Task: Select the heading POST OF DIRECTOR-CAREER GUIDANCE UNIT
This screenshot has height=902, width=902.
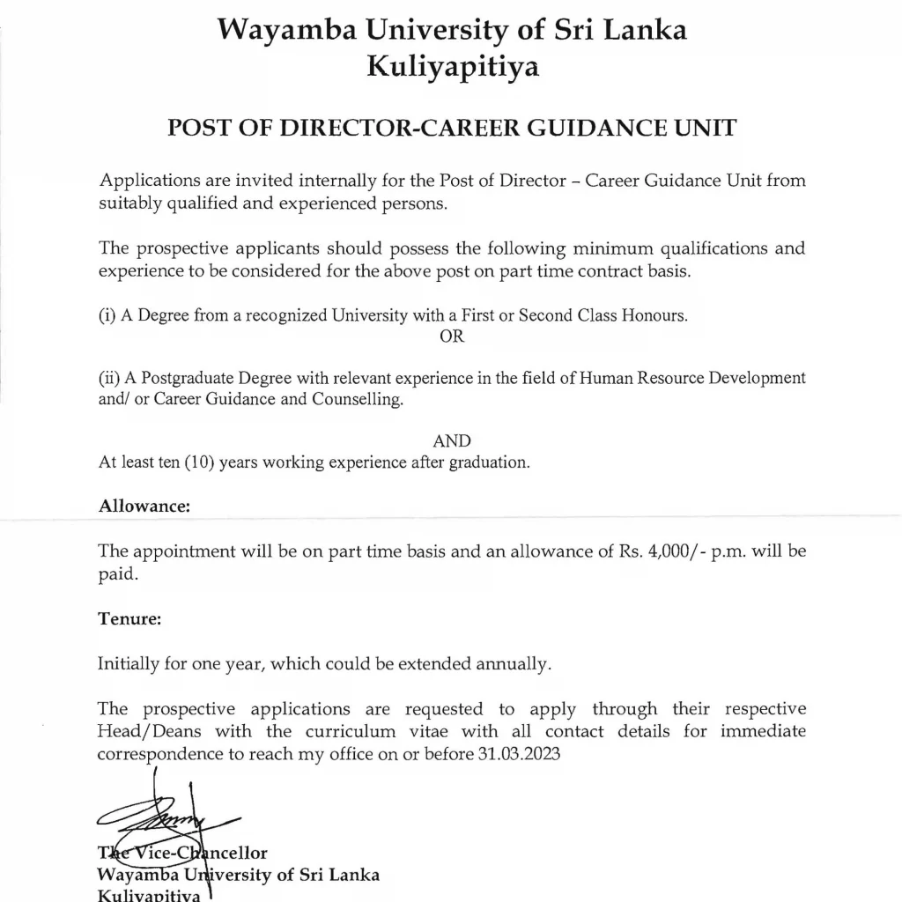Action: pos(451,128)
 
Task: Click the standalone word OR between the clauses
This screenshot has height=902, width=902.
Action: pos(451,336)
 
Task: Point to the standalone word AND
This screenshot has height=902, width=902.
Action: pos(452,441)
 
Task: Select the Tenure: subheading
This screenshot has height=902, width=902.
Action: pos(129,618)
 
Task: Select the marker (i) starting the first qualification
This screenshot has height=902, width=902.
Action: pos(107,316)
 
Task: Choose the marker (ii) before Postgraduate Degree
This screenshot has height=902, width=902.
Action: pos(109,378)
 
